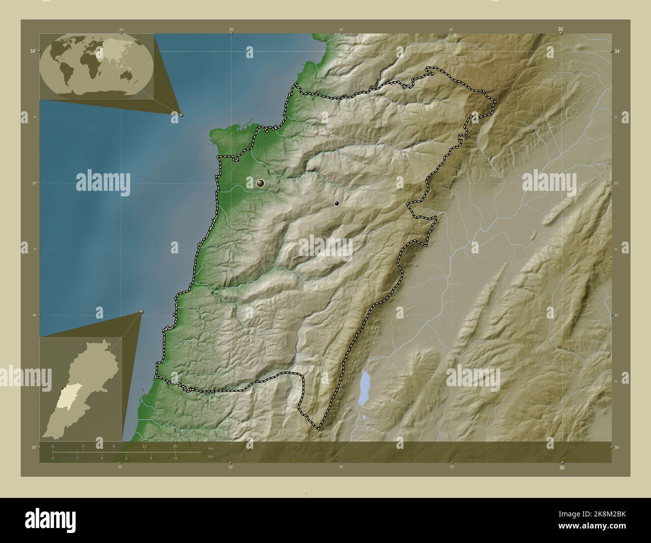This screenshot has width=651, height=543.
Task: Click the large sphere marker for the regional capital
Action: point(260,183)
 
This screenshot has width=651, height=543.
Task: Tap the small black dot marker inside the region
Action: point(337,203)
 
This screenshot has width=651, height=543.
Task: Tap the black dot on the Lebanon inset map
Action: point(62,388)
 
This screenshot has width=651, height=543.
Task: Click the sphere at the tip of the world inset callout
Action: point(181,115)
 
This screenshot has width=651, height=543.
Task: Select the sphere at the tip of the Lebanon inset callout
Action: point(142,312)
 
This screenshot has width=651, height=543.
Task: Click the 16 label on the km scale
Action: point(175,446)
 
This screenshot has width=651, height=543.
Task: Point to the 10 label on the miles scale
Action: point(175,458)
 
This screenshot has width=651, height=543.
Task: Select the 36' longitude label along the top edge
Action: point(561,30)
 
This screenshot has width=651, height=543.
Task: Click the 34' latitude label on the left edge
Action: point(32,51)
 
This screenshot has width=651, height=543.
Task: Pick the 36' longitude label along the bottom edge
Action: point(562,467)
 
